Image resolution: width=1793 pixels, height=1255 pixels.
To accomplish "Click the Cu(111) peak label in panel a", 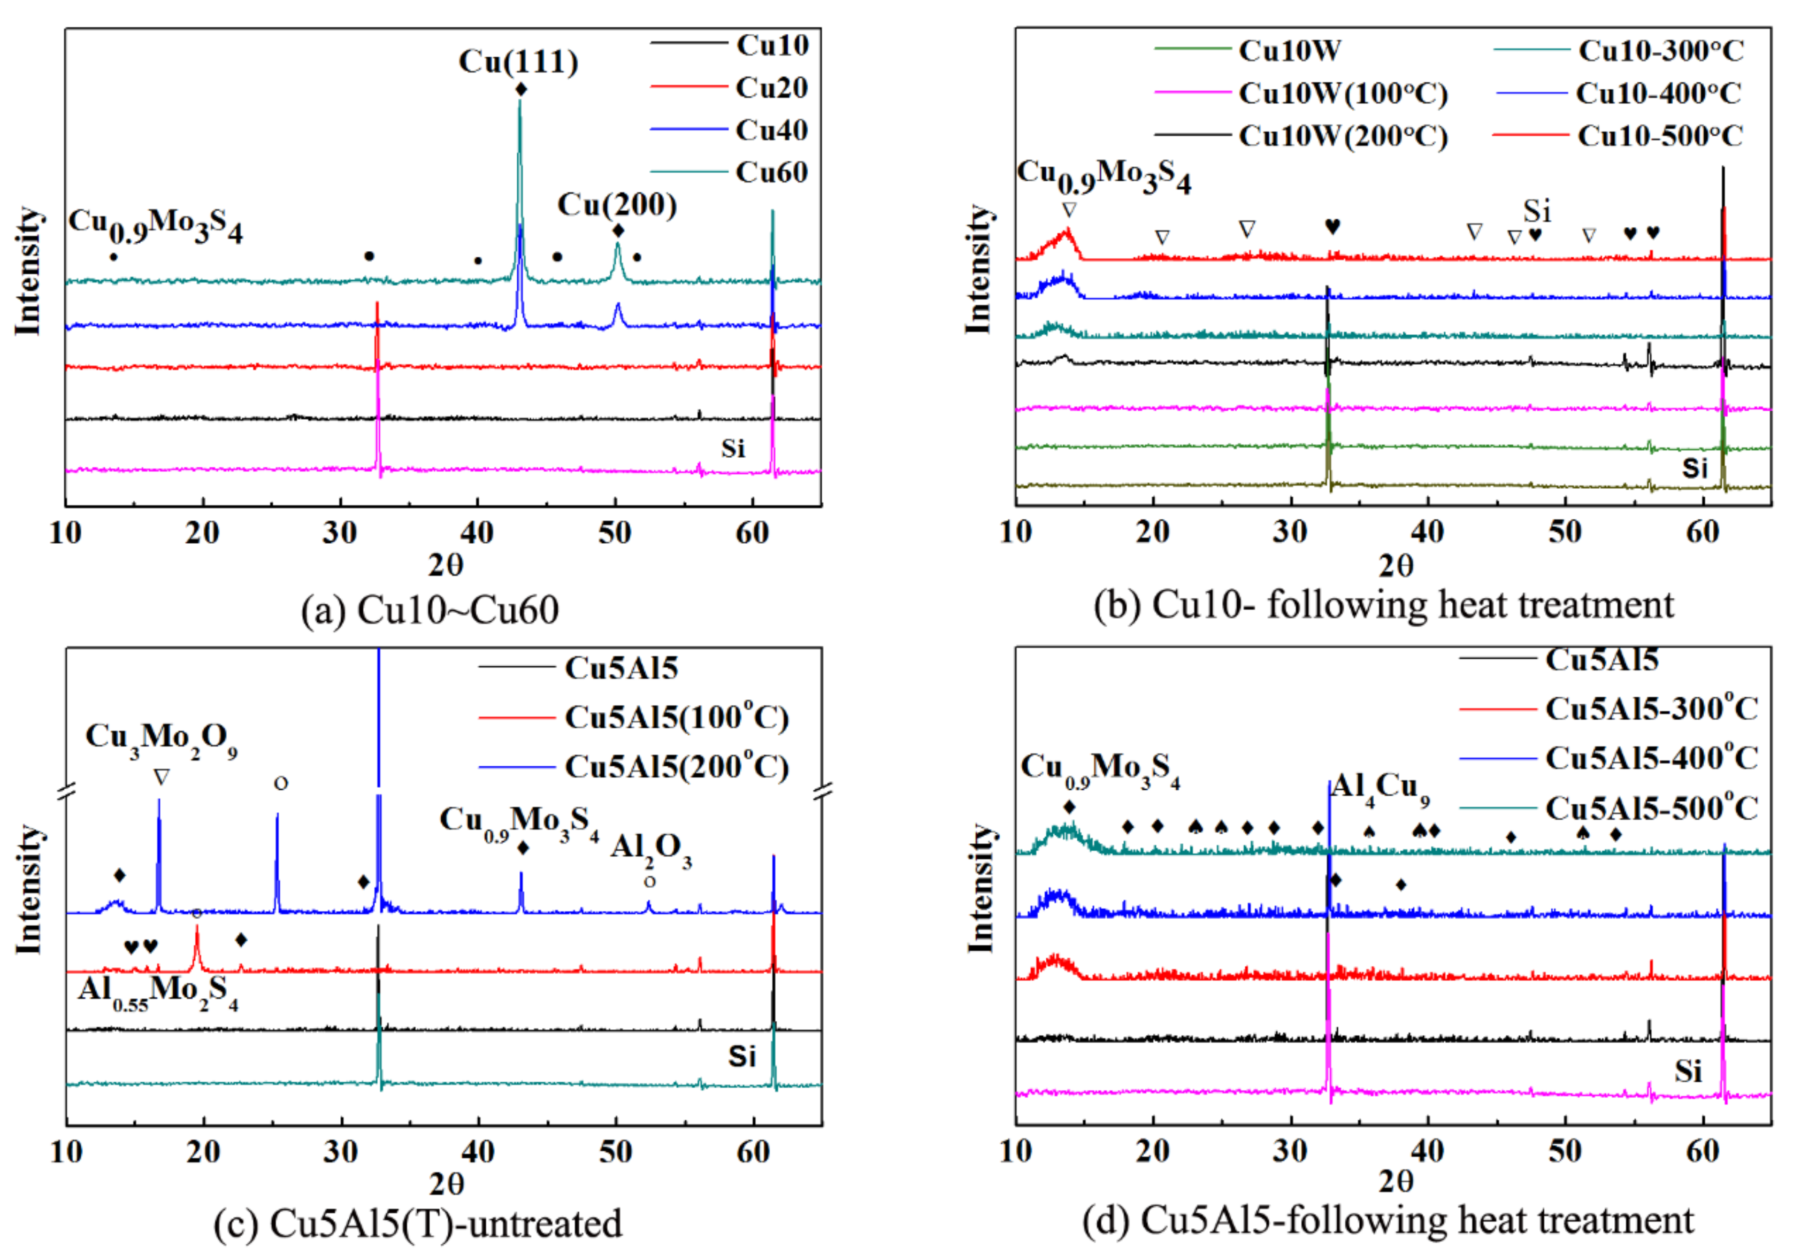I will [518, 61].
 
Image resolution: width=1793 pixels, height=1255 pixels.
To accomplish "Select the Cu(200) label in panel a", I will [616, 204].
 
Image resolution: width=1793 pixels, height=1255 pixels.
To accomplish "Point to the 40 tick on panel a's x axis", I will [477, 534].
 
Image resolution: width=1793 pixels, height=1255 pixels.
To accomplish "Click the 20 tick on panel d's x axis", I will [1153, 1151].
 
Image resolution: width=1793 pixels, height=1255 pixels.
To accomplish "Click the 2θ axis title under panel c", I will [446, 1184].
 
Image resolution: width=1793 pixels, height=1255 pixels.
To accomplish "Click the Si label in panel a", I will [732, 449].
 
